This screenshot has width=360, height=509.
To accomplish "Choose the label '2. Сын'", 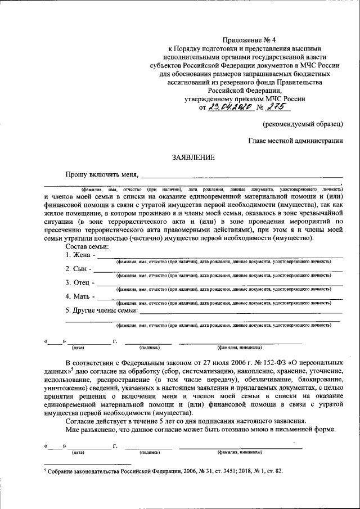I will (x=77, y=269).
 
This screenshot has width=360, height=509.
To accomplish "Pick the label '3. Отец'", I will (x=78, y=282).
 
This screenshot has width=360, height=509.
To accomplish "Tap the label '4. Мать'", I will (x=79, y=296).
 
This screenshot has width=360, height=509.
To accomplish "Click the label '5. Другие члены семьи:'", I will (x=101, y=310).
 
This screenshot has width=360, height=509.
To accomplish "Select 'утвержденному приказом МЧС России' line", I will (x=245, y=98).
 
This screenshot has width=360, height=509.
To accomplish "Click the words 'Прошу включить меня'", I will (x=101, y=175).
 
